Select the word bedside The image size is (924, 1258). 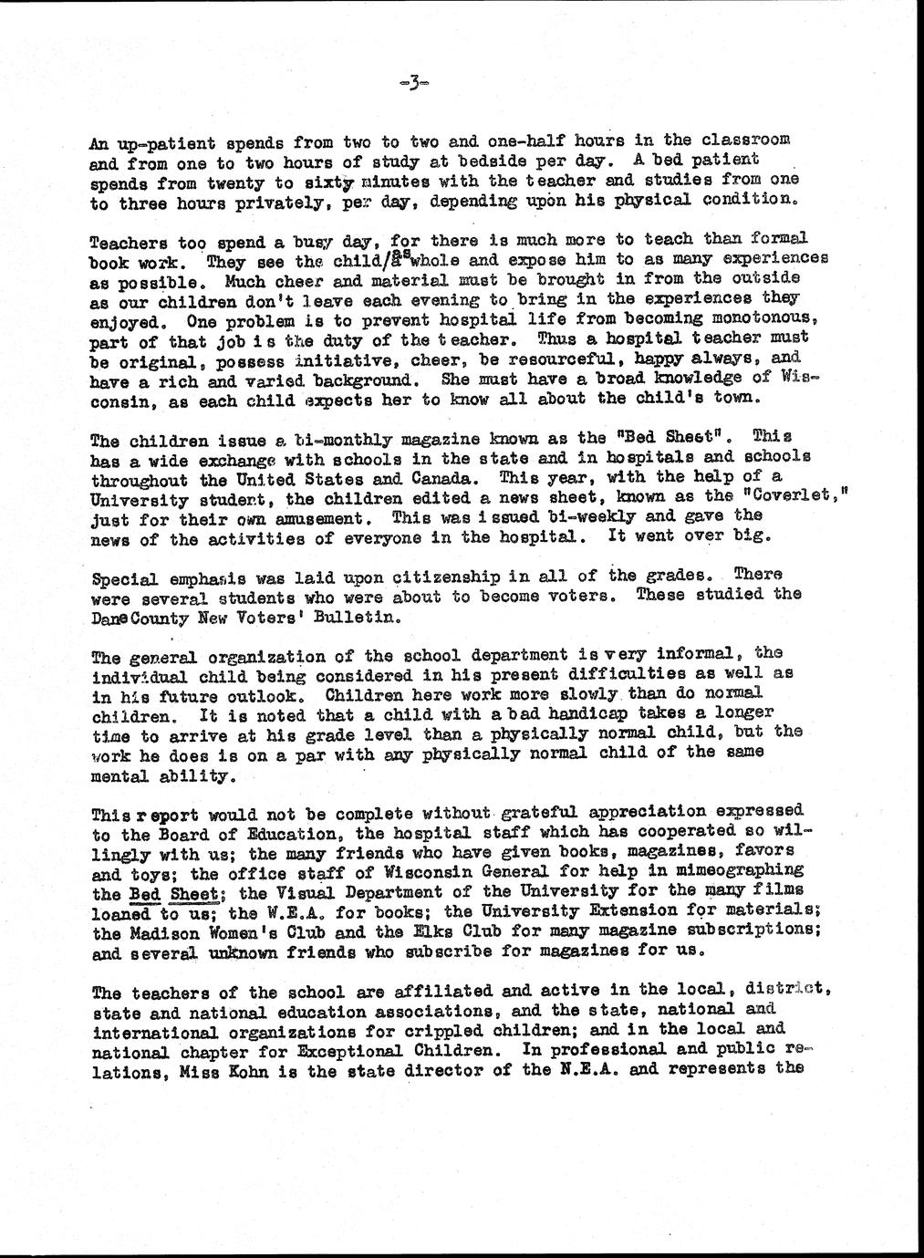(440, 161)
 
